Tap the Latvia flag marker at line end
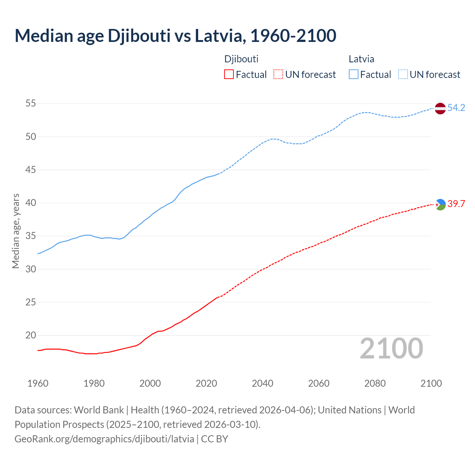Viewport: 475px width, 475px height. point(440,108)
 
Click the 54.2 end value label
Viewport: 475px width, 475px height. point(456,108)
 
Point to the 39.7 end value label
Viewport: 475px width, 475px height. point(456,204)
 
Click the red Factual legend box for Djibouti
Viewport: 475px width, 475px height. point(229,75)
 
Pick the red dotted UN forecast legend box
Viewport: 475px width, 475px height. point(278,75)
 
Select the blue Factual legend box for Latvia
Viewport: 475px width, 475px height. point(354,75)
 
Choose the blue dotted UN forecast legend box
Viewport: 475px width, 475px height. point(403,75)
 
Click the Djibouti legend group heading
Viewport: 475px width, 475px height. point(241,59)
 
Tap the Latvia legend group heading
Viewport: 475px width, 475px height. point(361,59)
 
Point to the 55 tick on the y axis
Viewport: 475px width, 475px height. point(31,104)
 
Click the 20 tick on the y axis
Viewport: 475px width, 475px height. point(31,335)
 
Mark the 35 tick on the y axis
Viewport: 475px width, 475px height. point(31,236)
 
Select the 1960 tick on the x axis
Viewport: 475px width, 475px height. point(38,383)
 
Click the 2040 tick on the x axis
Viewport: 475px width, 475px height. point(262,383)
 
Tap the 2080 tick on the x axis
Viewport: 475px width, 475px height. point(375,383)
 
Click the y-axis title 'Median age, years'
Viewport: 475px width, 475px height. point(16,231)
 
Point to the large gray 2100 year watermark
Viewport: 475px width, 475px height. point(391,348)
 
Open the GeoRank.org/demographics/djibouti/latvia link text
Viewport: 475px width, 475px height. point(104,439)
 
